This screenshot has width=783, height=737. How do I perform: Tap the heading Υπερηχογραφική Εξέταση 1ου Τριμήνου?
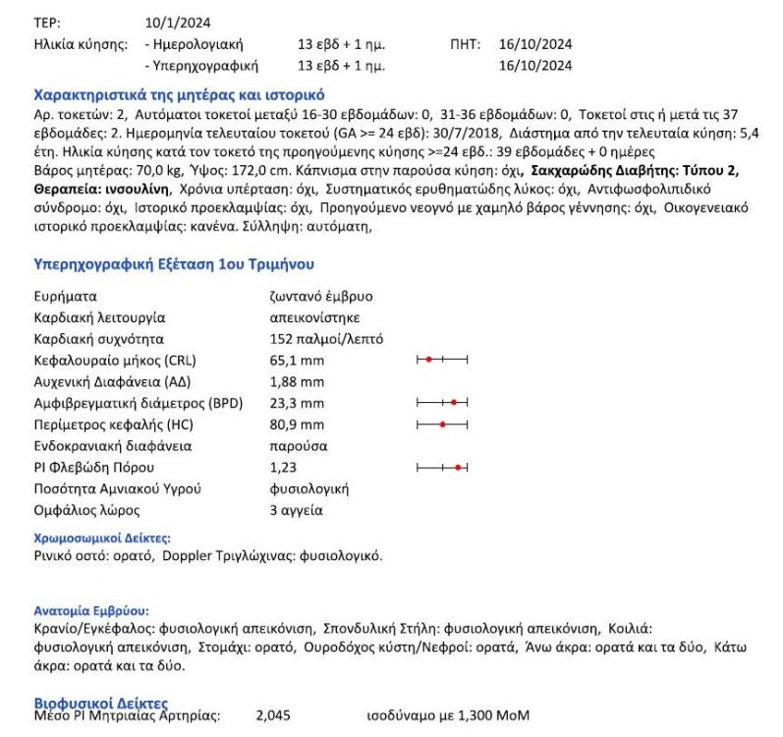173,264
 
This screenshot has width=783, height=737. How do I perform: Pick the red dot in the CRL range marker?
429,361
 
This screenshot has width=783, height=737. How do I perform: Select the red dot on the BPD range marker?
455,403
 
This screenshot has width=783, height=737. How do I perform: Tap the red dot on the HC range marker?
443,425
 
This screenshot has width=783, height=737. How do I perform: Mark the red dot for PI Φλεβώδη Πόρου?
458,467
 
